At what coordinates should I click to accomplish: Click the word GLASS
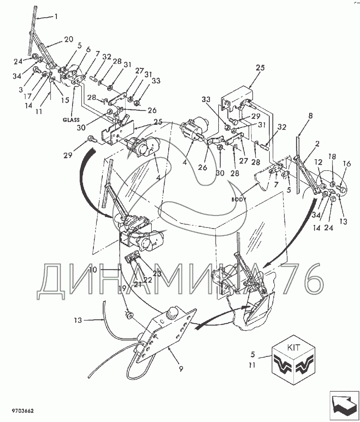tap(71, 120)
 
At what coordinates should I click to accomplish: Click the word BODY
tap(239, 199)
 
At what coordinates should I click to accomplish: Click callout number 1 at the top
tap(56, 17)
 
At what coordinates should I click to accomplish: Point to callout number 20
tap(69, 39)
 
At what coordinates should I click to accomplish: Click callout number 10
tap(93, 270)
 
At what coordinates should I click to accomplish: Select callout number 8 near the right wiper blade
tap(310, 116)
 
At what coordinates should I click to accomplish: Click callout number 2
tap(317, 144)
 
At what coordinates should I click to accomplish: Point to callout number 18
tap(332, 157)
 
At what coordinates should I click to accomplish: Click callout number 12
tap(318, 162)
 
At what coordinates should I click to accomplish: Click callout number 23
tap(157, 274)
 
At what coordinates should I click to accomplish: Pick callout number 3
tap(21, 90)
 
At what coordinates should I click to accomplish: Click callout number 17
tap(28, 96)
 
